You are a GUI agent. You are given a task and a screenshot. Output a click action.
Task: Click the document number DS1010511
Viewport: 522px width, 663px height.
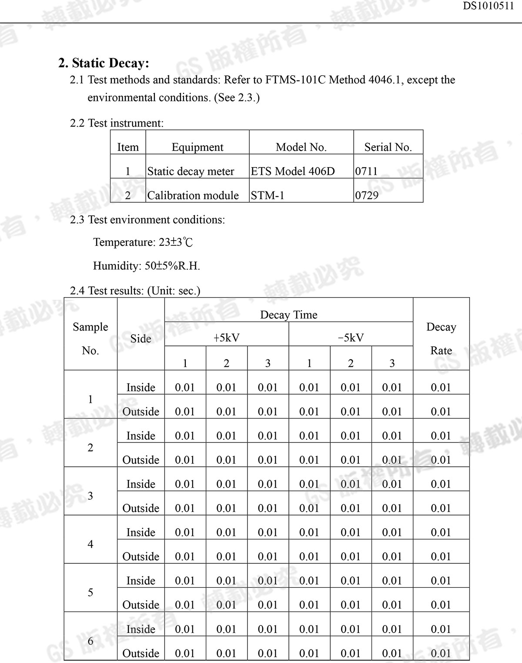tap(488, 6)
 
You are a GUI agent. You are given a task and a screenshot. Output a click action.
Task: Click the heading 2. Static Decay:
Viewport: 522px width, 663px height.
tap(104, 63)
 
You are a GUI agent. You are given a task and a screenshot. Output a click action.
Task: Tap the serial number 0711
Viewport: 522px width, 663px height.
tap(366, 171)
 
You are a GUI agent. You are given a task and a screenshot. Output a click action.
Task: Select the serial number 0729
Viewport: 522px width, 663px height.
tap(367, 195)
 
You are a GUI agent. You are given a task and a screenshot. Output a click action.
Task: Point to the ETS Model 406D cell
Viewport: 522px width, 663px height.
tap(293, 171)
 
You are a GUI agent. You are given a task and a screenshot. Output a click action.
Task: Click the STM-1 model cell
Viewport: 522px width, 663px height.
tap(268, 195)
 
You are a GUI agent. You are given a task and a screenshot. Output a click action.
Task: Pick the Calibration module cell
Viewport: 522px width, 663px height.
tap(193, 195)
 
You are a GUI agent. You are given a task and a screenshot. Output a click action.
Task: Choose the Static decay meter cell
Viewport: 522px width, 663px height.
tap(191, 171)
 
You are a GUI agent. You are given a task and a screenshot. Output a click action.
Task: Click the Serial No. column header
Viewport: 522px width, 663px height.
tap(388, 147)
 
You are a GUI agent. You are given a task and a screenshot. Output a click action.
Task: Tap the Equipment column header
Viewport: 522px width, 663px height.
tap(197, 147)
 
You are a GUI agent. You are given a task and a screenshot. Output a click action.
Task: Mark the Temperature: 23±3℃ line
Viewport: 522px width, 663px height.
tap(143, 242)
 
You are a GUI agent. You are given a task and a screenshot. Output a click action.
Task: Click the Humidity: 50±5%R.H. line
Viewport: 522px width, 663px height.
tap(147, 266)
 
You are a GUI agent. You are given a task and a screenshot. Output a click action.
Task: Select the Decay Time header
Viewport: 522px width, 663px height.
tap(288, 315)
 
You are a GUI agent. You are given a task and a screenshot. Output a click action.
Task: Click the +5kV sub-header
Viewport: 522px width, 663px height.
tap(226, 338)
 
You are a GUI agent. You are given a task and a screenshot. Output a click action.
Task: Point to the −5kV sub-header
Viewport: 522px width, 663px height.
tap(351, 338)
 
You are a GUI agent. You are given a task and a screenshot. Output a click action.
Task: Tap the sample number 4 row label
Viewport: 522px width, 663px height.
tap(90, 544)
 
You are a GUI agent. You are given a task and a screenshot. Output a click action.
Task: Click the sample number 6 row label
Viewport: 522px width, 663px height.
tap(90, 641)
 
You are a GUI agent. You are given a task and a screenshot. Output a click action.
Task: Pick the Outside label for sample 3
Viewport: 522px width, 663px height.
tap(141, 508)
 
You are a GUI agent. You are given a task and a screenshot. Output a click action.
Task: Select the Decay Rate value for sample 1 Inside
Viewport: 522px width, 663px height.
tap(441, 387)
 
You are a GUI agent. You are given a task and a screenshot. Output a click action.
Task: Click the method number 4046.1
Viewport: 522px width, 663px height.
tap(384, 80)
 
